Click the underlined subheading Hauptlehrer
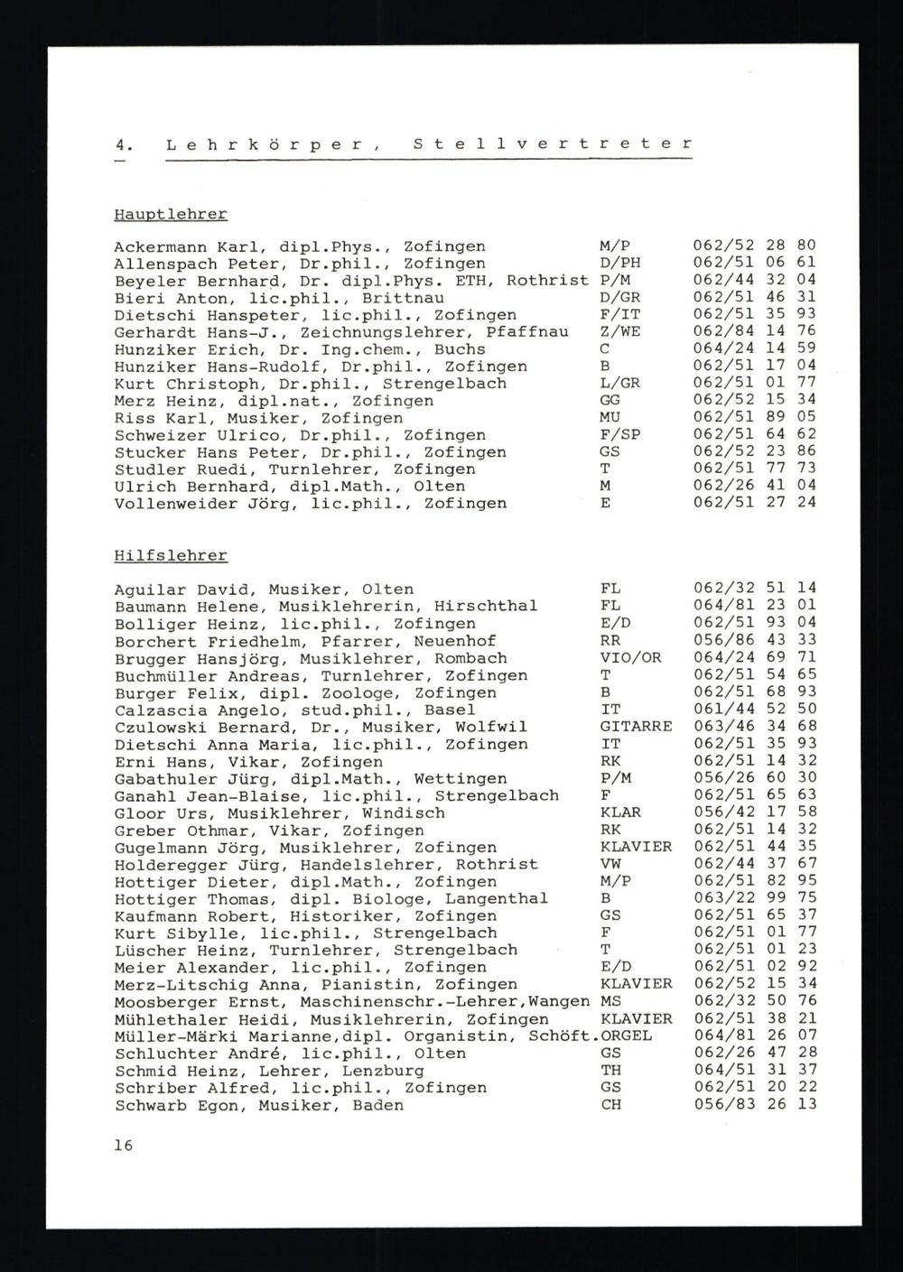[171, 215]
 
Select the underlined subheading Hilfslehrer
[171, 556]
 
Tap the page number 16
[124, 1146]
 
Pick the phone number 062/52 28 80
[754, 246]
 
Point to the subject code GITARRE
[636, 727]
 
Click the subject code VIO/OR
[630, 658]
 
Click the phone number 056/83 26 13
[754, 1105]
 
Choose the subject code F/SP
[619, 435]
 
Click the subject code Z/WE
[619, 332]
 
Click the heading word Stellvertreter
[553, 144]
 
